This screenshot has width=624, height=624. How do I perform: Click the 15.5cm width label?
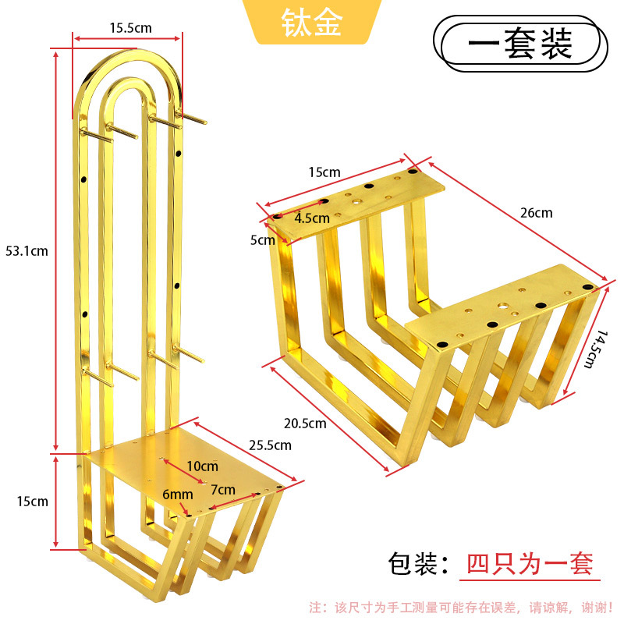point(130,28)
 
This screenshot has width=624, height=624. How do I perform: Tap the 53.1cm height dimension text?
point(27,251)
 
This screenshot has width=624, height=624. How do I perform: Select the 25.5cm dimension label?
point(270,445)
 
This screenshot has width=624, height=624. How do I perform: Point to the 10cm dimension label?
point(203,466)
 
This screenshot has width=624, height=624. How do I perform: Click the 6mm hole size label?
point(178,495)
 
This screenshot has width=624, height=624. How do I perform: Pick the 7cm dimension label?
point(223,490)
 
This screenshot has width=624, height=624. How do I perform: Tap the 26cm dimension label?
point(537,213)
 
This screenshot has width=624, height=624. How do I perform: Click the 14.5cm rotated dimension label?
point(596,349)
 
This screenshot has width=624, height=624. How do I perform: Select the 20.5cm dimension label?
point(305,424)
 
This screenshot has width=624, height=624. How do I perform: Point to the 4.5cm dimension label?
point(312,218)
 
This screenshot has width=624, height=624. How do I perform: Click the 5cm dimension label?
point(263,240)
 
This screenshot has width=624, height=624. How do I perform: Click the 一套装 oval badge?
point(520,44)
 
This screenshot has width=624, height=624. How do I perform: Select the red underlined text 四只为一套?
point(530,563)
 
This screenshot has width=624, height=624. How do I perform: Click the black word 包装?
point(413,563)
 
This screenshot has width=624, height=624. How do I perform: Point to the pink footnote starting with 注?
point(461,608)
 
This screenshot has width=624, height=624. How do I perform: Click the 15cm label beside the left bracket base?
point(32,502)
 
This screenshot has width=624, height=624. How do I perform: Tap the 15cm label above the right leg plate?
point(324,172)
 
